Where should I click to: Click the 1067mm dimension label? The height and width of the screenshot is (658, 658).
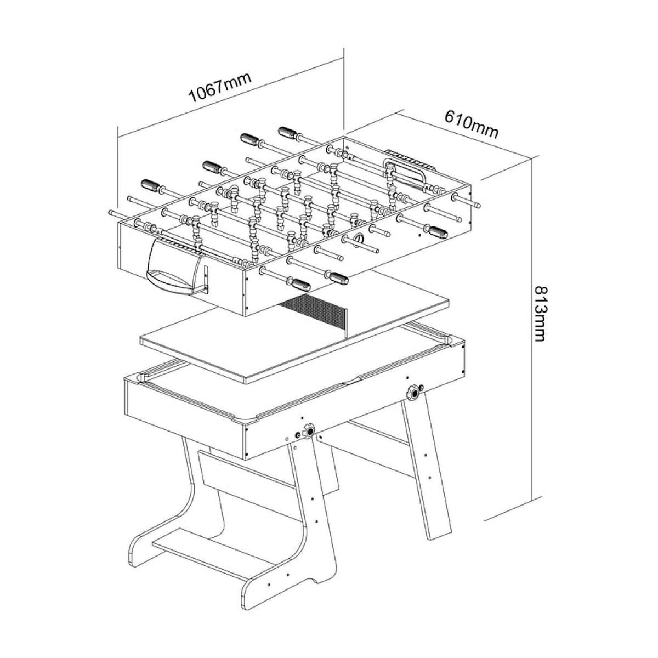pos(219,88)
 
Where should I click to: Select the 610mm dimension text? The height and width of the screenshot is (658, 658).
pos(471,125)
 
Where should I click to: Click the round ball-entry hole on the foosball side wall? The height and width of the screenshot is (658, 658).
pos(359,239)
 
